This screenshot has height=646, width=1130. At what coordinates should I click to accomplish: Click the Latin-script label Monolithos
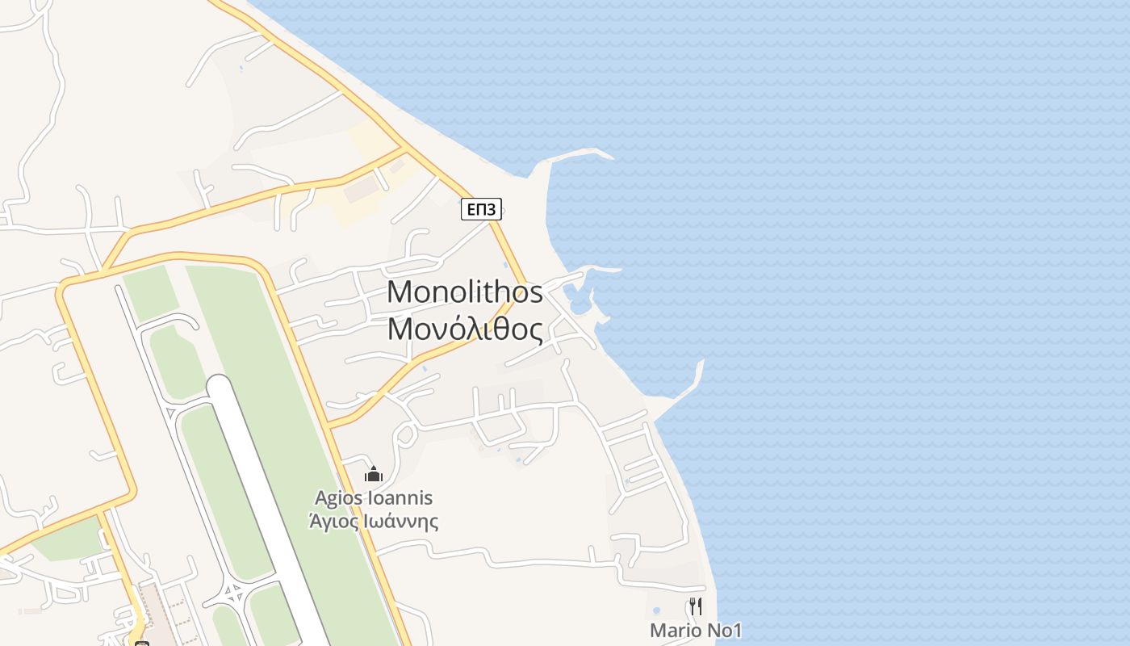(x=465, y=292)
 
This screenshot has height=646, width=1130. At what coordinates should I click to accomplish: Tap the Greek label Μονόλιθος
(x=465, y=329)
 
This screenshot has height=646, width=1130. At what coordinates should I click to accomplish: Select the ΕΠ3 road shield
(x=481, y=210)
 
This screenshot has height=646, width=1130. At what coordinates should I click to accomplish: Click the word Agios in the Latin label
(x=339, y=498)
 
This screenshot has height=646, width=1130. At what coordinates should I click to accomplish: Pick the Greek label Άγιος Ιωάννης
(x=374, y=521)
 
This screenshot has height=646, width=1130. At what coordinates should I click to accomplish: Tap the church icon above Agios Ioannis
(x=373, y=473)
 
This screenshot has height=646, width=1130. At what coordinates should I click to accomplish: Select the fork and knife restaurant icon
(x=696, y=606)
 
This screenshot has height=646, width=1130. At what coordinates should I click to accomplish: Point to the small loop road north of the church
(x=406, y=434)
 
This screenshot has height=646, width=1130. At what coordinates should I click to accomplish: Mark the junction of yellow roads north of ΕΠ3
(x=402, y=149)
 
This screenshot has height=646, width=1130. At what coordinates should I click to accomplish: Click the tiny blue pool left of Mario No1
(x=656, y=610)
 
